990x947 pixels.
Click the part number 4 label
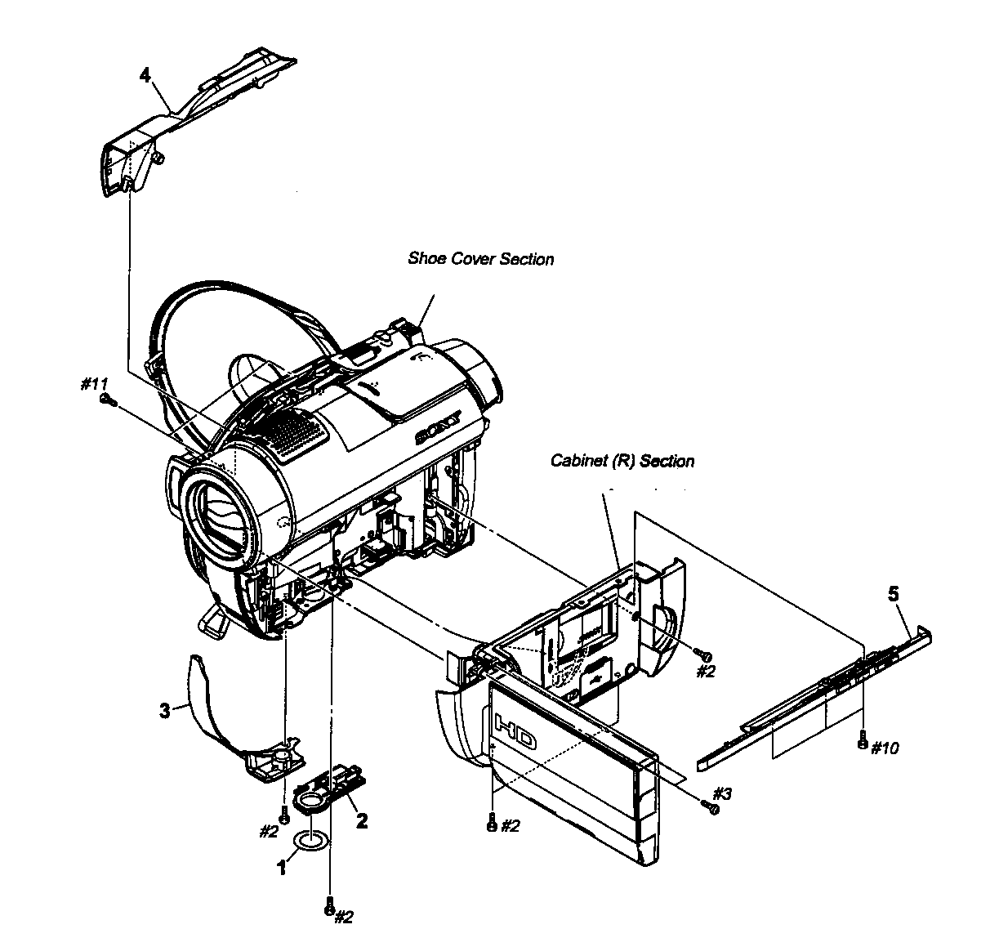tap(145, 76)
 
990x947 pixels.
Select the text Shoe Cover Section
tap(480, 259)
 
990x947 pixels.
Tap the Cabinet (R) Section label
tap(622, 461)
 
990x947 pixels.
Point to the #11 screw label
tap(95, 384)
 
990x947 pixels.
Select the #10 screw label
tap(885, 748)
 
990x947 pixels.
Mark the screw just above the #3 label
tap(711, 807)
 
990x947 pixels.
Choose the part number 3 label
tap(164, 710)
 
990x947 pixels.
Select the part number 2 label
tap(362, 820)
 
